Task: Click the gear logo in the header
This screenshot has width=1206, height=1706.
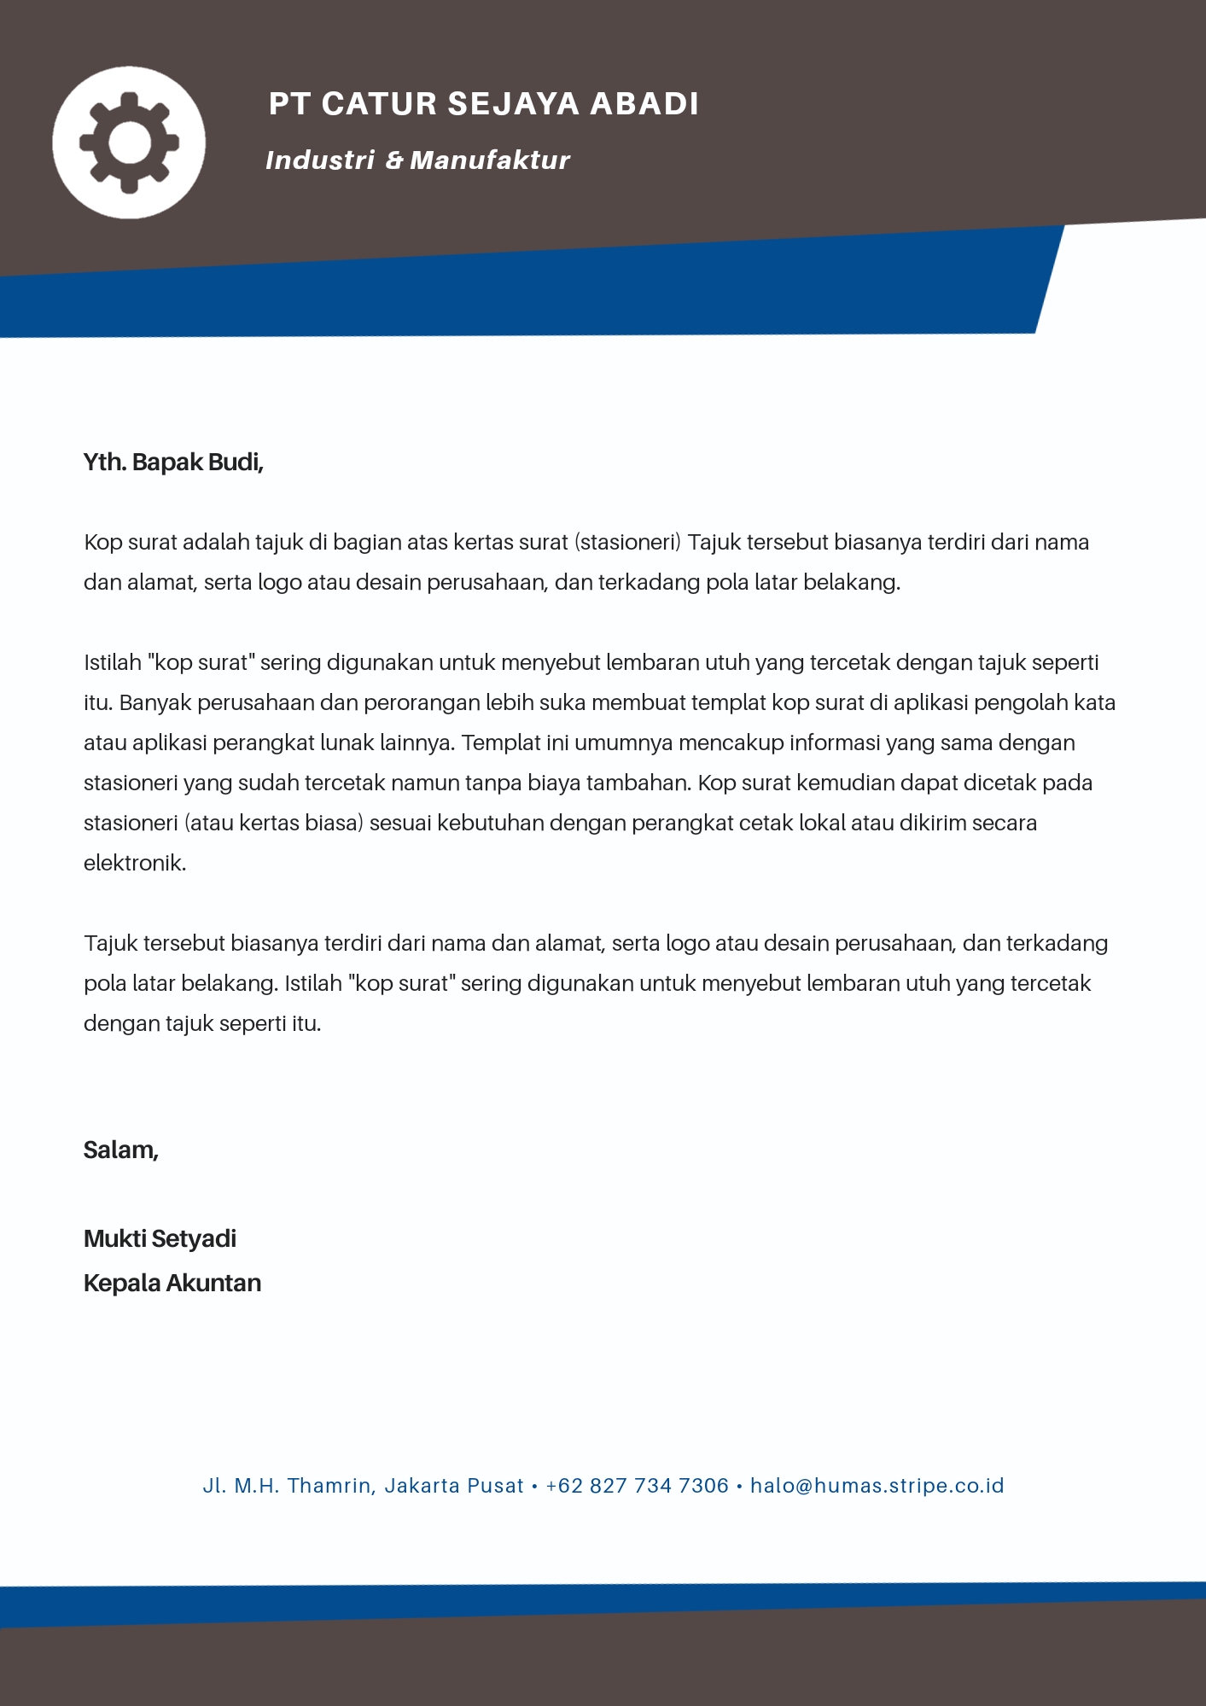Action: [x=129, y=143]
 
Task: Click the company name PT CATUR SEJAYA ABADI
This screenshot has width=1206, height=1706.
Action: [x=483, y=104]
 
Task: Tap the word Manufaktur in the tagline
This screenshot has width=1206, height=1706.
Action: [x=490, y=160]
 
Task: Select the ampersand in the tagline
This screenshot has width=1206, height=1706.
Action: [x=393, y=160]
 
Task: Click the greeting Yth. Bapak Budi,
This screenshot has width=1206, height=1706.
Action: [x=173, y=463]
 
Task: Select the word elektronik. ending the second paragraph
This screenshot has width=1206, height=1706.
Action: [x=135, y=864]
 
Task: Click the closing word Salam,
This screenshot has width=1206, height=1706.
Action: [x=121, y=1150]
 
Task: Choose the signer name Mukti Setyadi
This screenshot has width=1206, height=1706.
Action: [x=160, y=1239]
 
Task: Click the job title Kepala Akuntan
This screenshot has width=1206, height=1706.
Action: [x=172, y=1284]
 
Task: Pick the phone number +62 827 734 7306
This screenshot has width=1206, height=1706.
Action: [x=637, y=1486]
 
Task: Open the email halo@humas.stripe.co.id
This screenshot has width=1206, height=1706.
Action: [x=877, y=1486]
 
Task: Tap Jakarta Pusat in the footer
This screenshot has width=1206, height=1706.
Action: [x=453, y=1486]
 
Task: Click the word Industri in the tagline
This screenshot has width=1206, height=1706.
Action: [x=320, y=160]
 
